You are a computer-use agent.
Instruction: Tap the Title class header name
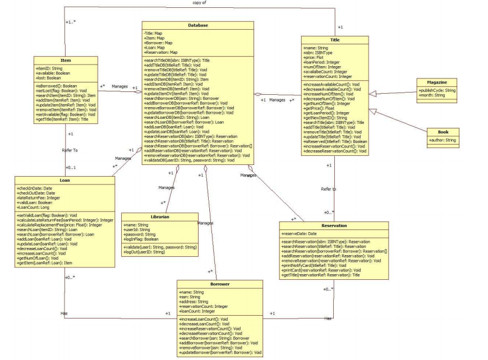[x=334, y=40]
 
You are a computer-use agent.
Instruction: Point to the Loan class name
[x=65, y=181]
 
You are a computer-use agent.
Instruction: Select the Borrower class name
[x=219, y=284]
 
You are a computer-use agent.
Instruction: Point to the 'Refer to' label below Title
[x=329, y=189]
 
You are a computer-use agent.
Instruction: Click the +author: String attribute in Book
[x=443, y=139]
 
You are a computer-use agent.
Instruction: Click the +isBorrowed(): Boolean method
[x=55, y=85]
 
